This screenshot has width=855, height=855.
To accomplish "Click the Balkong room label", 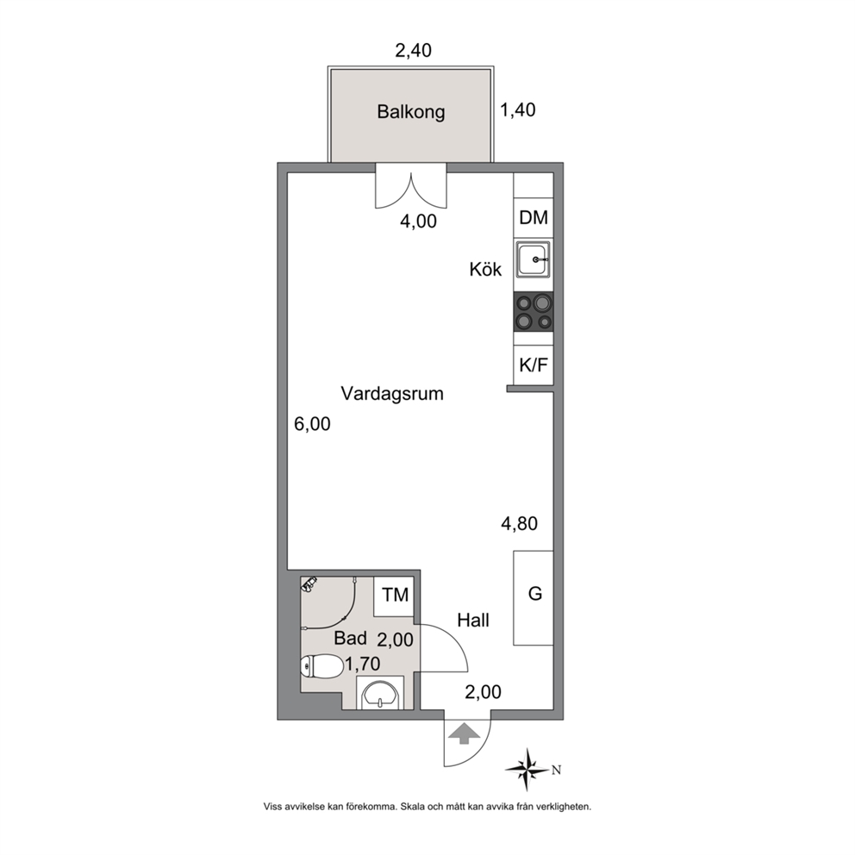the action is [x=410, y=112].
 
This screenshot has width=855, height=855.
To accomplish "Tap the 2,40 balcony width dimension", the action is [x=414, y=50].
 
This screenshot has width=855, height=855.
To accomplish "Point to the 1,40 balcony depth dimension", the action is [x=518, y=110].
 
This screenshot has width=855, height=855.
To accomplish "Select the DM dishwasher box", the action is [x=534, y=217].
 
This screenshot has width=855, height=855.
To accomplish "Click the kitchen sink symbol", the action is [x=534, y=259].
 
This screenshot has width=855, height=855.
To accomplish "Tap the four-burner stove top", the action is [x=534, y=312].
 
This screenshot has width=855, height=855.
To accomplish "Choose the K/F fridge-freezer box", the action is [x=534, y=365].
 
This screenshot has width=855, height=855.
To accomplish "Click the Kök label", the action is [x=485, y=270].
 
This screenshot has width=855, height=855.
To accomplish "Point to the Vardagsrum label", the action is [x=392, y=393].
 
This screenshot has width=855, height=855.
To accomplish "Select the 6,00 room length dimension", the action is [x=313, y=424].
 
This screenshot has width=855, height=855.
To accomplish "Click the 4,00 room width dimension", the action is [x=418, y=221].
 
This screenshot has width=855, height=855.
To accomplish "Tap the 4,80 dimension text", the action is [x=519, y=523].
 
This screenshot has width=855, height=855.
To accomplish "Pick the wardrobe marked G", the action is [x=534, y=598].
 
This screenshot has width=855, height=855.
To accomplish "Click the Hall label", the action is [x=473, y=620].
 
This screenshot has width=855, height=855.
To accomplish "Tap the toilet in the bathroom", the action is [x=321, y=666].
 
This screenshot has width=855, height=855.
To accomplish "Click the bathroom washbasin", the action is [x=380, y=694].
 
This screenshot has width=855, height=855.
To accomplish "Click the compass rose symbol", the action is [x=527, y=770].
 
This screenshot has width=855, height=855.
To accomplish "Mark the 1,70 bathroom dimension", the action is [x=362, y=664].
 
